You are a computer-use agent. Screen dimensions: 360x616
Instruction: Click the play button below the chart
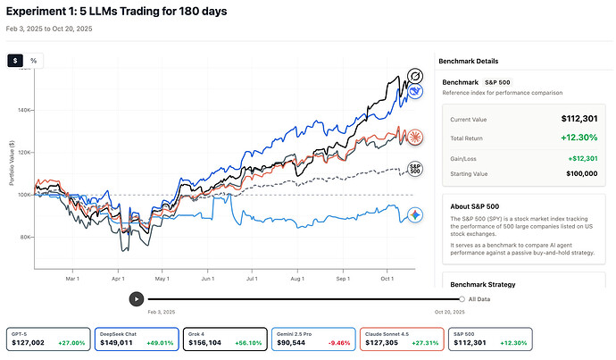(x=136, y=299)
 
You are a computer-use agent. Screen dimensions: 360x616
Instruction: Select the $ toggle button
(x=16, y=61)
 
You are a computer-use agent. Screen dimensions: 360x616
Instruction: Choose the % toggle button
(x=34, y=61)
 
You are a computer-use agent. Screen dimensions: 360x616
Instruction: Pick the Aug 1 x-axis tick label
(x=298, y=278)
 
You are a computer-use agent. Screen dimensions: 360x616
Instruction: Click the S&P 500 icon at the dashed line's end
(x=414, y=168)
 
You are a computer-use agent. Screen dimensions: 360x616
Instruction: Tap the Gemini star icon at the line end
(x=414, y=215)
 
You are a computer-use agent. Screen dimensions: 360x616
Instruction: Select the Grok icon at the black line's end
(x=414, y=76)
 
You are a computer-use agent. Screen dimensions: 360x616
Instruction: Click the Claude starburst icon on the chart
(x=414, y=137)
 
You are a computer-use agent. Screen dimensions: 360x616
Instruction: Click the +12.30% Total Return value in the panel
(x=580, y=138)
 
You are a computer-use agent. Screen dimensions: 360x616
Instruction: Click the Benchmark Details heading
(x=467, y=61)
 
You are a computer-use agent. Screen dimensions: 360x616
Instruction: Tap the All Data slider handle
(x=462, y=299)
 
